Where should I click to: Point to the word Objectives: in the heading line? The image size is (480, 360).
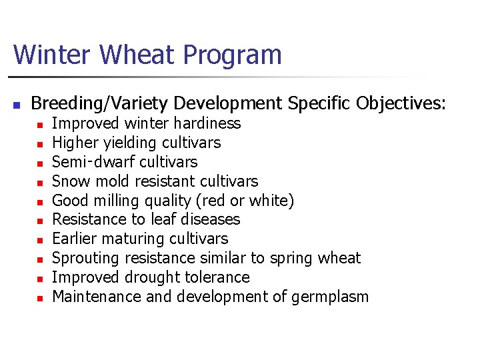401,104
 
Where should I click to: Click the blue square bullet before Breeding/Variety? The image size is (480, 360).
17,105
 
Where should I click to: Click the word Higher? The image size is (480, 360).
73,143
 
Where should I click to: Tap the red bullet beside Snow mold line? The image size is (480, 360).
39,182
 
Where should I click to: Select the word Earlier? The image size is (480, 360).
75,239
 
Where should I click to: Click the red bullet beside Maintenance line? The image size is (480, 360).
39,298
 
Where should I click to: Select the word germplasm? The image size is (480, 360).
330,297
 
